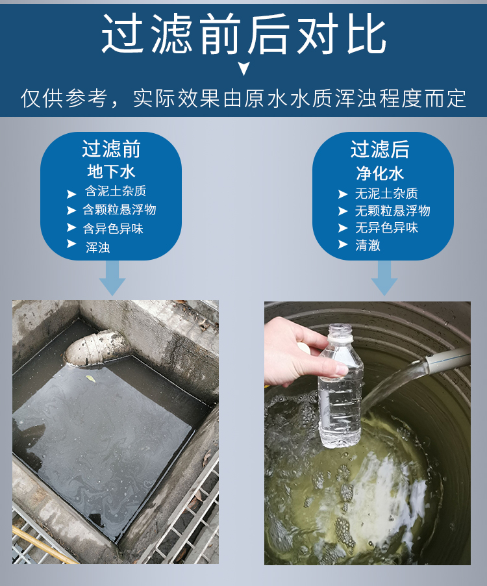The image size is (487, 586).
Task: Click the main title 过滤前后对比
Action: [243, 34]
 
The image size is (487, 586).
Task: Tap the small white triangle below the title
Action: [244, 68]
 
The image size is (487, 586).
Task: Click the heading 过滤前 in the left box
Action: [111, 149]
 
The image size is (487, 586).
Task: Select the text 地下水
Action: [111, 172]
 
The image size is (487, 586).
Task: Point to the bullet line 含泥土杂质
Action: [116, 191]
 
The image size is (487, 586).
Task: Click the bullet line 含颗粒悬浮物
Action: [119, 210]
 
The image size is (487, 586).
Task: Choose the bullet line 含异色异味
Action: [113, 228]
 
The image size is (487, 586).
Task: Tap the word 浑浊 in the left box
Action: [98, 248]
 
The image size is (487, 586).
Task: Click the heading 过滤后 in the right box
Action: [380, 149]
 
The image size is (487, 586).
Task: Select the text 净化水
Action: [380, 173]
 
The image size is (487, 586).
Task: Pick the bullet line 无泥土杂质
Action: [386, 194]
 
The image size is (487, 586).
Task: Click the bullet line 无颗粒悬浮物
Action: [392, 210]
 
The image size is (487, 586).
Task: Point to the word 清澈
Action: [368, 245]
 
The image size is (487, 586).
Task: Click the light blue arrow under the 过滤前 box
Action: [112, 278]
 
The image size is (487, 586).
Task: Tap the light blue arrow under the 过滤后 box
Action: [384, 278]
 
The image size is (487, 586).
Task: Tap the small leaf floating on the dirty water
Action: [91, 379]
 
